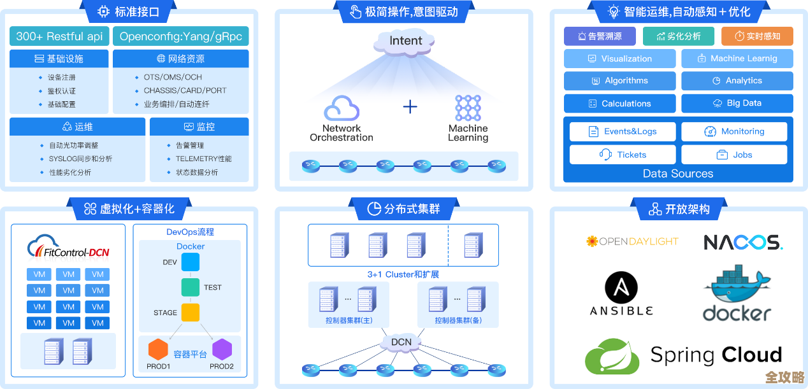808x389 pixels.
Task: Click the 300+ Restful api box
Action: pos(59,36)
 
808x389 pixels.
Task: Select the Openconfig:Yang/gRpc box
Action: pos(180,36)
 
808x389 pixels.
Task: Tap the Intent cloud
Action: pos(406,41)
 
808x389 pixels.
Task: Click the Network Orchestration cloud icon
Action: pos(342,108)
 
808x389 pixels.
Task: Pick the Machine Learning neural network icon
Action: pos(468,108)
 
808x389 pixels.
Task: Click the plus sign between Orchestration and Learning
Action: pos(410,106)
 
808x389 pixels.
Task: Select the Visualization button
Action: pos(619,59)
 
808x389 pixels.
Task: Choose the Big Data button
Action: pos(737,103)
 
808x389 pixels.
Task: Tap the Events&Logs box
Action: pos(622,132)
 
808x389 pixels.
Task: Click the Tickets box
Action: pos(622,155)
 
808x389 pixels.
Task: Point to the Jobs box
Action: pos(734,155)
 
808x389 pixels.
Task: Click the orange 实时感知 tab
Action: pos(756,36)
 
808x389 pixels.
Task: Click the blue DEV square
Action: pos(191,262)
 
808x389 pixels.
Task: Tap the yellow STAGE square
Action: pos(191,313)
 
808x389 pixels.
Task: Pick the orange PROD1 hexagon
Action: pos(158,350)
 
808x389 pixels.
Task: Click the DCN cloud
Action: pos(401,343)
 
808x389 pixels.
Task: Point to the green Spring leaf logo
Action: pos(612,356)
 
